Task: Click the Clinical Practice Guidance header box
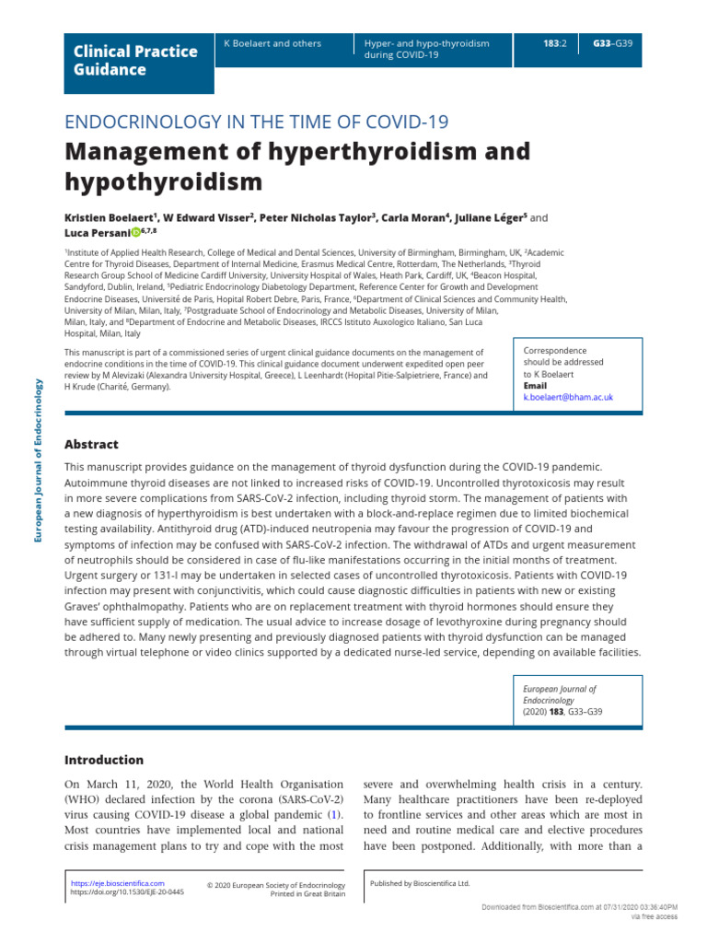pos(138,61)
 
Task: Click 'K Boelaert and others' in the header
pos(272,43)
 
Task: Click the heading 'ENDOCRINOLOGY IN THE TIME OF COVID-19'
pos(256,122)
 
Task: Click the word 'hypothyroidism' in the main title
pos(163,181)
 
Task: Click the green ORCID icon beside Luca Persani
pos(135,233)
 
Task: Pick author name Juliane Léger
pos(493,218)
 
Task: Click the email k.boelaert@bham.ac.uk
pos(567,397)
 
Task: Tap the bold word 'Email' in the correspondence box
pos(535,386)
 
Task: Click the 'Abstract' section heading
pos(91,444)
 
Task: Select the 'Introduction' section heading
pos(103,760)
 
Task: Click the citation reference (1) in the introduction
pos(336,815)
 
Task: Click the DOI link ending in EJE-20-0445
pos(127,892)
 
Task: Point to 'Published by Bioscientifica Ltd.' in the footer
pos(419,883)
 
